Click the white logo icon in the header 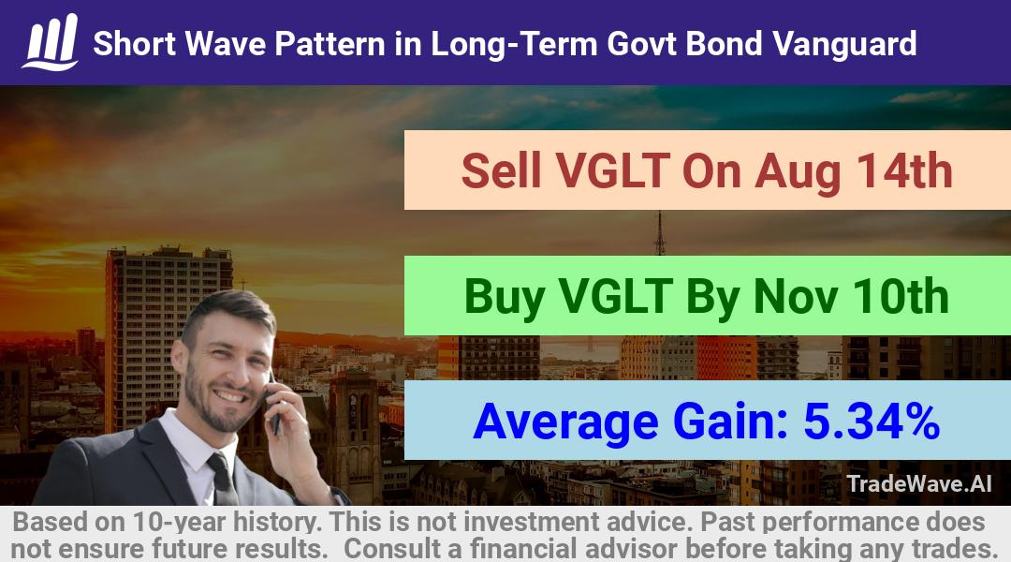pos(51,42)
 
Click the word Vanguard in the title pos(844,44)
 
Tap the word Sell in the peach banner pos(501,170)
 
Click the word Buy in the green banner pos(504,297)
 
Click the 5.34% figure pos(872,421)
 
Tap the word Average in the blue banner pos(565,422)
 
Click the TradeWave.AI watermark pos(919,483)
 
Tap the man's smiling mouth pos(229,395)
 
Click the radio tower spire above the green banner pos(659,233)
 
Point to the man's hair pos(229,308)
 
